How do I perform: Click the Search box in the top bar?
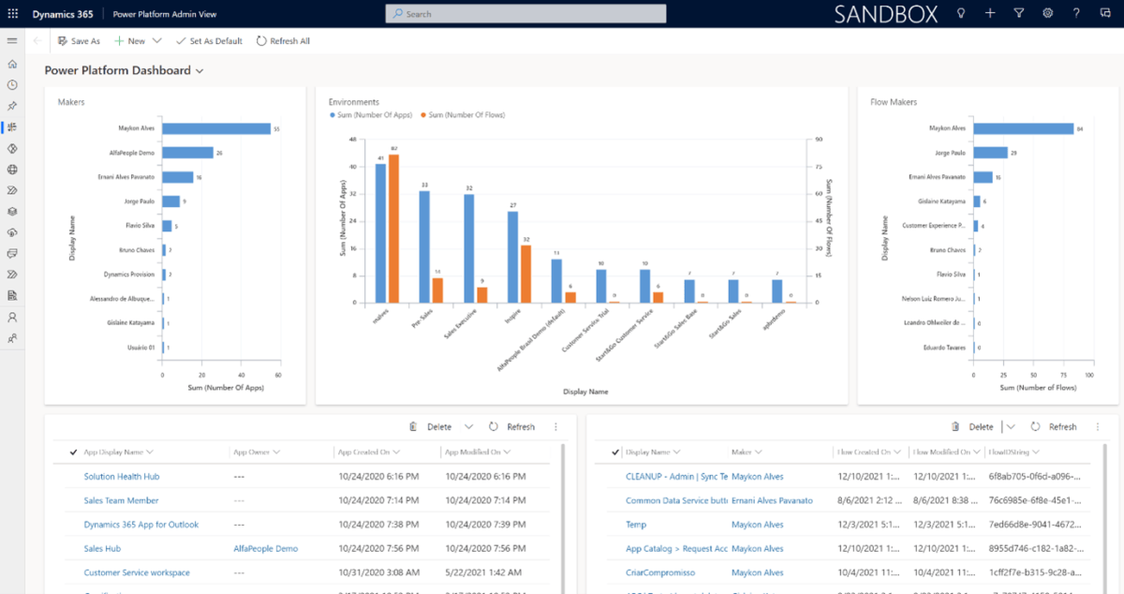[x=525, y=14]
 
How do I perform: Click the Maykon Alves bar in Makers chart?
[x=216, y=128]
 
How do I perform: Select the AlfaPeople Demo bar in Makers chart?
[x=188, y=153]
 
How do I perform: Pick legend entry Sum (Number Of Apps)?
[x=372, y=114]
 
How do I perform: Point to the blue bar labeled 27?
[x=512, y=257]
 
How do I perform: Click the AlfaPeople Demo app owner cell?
[x=266, y=549]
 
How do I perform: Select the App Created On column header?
[x=371, y=453]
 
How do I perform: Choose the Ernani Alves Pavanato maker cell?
[x=772, y=501]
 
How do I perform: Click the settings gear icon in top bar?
[x=1047, y=13]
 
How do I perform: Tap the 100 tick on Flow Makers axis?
[x=1088, y=375]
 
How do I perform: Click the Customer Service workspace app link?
[x=137, y=572]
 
